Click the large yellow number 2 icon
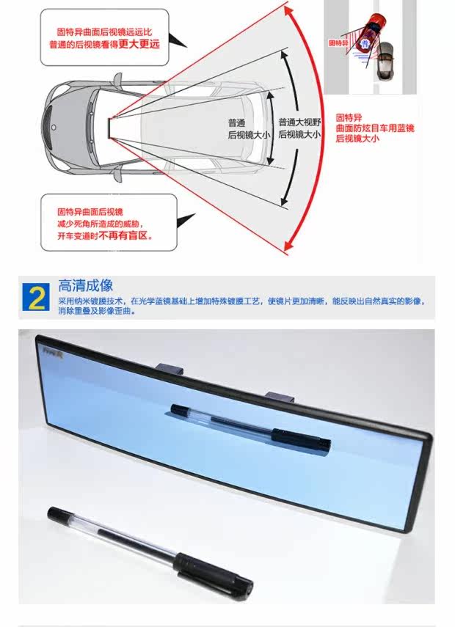[x=37, y=298]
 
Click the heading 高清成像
[x=86, y=286]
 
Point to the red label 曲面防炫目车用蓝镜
[x=375, y=128]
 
